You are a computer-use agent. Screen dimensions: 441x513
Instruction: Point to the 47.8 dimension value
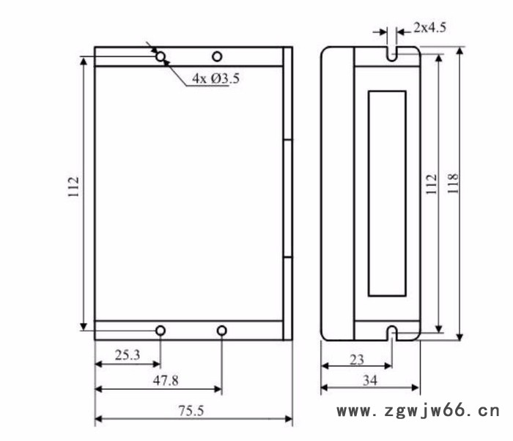[164, 380]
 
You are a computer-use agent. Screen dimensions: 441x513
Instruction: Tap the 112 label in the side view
[432, 183]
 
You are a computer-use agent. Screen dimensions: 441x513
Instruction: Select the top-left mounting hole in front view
[160, 56]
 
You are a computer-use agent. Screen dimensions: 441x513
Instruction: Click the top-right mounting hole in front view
[217, 56]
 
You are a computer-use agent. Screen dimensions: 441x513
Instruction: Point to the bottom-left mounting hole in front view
[160, 331]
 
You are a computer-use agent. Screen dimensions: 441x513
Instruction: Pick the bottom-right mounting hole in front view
[222, 331]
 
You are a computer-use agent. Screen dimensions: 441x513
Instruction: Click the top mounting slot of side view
[391, 55]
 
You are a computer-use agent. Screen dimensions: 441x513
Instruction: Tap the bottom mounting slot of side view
[393, 334]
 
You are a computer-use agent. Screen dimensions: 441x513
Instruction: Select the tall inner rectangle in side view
[386, 193]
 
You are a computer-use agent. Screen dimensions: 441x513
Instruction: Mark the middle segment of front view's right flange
[288, 198]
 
